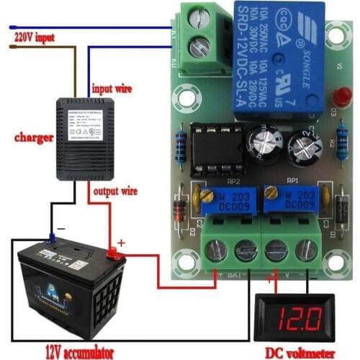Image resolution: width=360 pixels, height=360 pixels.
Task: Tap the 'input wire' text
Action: [x=112, y=89]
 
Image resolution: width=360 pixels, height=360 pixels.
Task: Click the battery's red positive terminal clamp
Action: [x=113, y=253]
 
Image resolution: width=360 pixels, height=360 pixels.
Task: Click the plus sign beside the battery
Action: [x=120, y=243]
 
